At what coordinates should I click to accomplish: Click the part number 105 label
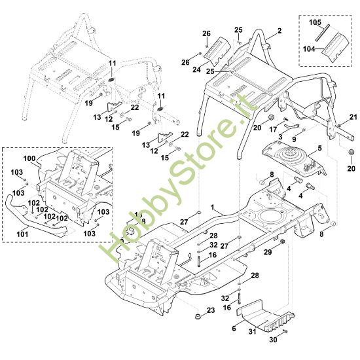click(x=315, y=22)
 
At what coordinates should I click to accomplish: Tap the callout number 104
click(x=309, y=49)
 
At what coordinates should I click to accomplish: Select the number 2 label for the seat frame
click(x=279, y=31)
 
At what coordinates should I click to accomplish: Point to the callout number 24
click(x=196, y=69)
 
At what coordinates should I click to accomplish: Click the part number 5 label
click(x=320, y=149)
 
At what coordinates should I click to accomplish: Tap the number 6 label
click(x=234, y=329)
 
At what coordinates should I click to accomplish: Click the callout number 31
click(x=253, y=331)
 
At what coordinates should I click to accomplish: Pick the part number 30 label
click(x=273, y=340)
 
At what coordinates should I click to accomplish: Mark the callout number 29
click(x=268, y=252)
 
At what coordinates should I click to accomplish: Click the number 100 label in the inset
click(x=29, y=158)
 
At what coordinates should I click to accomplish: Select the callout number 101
click(x=22, y=234)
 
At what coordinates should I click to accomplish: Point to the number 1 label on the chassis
click(x=212, y=207)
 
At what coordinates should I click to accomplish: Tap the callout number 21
click(x=353, y=117)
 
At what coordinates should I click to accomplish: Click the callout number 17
click(x=273, y=130)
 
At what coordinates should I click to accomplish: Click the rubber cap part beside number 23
click(x=198, y=317)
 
